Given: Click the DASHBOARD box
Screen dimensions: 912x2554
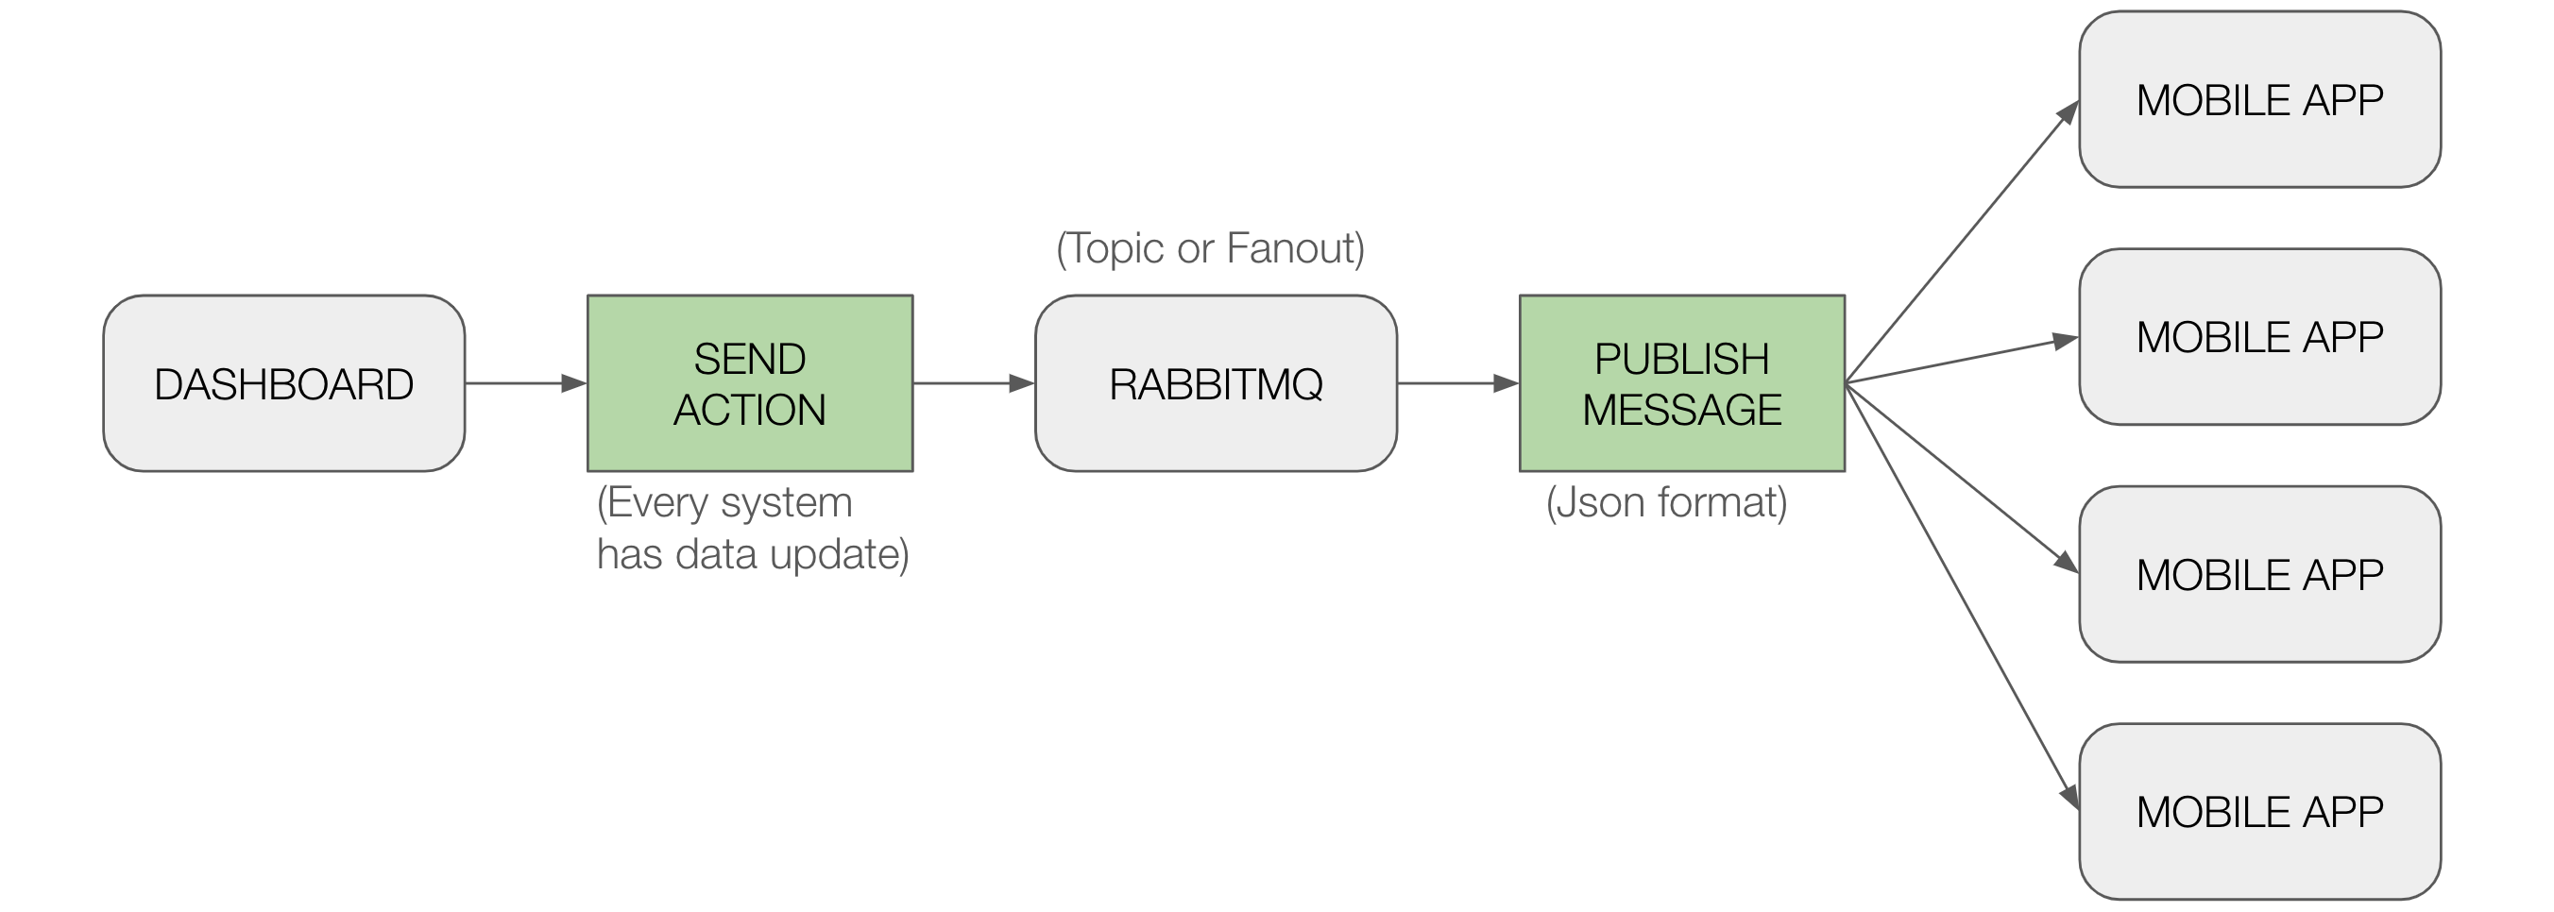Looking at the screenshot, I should (x=283, y=383).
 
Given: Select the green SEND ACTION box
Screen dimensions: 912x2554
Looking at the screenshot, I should (x=750, y=383).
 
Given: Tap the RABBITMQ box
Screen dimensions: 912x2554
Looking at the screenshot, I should (x=1216, y=383).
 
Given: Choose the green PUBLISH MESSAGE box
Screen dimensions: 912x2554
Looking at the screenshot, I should (x=1681, y=383).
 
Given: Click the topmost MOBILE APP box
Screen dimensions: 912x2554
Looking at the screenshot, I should (x=2259, y=99).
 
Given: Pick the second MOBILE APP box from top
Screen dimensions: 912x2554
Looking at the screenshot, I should (x=2259, y=337).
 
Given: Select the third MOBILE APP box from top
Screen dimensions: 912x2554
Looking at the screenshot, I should (x=2259, y=574).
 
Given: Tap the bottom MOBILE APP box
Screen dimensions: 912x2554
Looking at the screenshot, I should (x=2259, y=812).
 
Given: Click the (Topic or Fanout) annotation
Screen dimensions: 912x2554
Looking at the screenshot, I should (x=1211, y=247).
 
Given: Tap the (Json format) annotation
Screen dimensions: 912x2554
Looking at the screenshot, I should (x=1667, y=502).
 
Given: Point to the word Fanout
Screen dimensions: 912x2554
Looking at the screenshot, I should (x=1295, y=247).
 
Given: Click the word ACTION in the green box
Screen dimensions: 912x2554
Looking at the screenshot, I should (x=750, y=411).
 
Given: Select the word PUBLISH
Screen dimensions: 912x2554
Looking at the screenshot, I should (x=1681, y=359).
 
